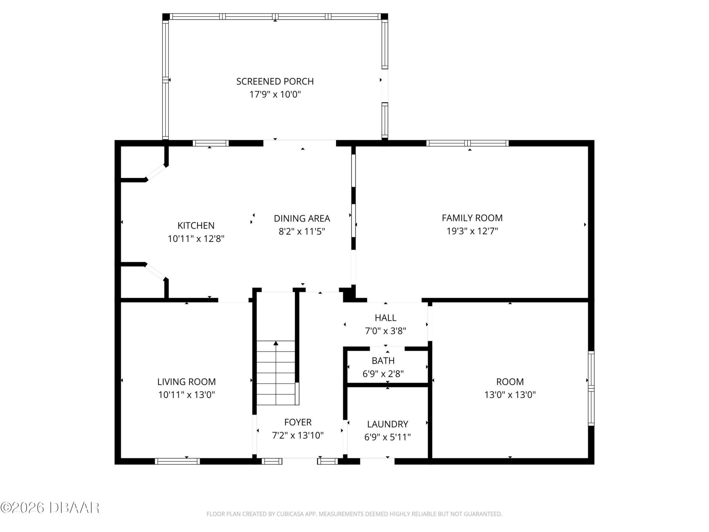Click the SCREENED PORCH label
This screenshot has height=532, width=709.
coord(275,81)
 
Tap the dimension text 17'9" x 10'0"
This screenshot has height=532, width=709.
coord(275,95)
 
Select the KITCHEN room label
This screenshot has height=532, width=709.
coord(196,225)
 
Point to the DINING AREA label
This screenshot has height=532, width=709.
coord(302,218)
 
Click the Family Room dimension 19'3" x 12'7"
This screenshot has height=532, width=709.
coord(472,231)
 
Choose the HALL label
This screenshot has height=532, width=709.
coord(386,318)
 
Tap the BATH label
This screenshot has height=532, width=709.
coord(383,361)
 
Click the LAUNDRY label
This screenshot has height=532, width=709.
coord(387,424)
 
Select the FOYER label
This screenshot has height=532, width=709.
coord(298,422)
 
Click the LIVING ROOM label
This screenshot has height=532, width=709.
coord(186,382)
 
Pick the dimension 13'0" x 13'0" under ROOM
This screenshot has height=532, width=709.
coord(510,395)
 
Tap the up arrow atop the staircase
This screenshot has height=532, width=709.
coord(276,344)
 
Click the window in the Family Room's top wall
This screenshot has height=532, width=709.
coord(467,143)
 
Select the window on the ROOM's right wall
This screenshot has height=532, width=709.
coord(591,388)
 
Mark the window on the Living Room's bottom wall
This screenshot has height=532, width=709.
coord(177,461)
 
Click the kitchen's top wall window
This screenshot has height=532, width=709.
coord(211,143)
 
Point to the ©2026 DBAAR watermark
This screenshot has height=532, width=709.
coord(50,508)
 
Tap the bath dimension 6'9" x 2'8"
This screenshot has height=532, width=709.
coord(383,374)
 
